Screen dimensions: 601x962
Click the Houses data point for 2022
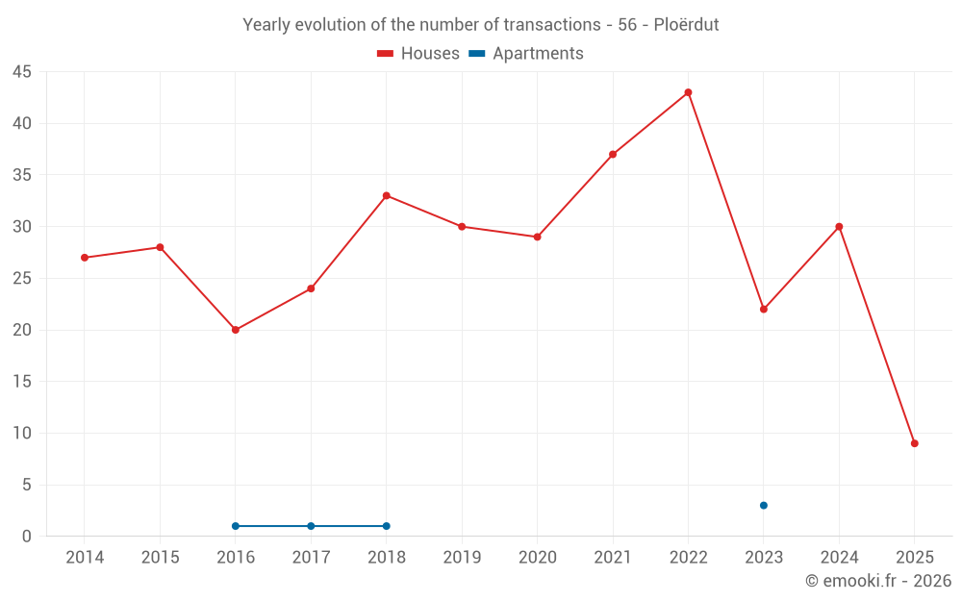[688, 92]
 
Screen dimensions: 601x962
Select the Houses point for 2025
[915, 443]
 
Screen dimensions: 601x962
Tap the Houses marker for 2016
[236, 330]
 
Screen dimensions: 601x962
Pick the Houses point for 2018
[387, 195]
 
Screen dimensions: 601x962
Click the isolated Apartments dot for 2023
[764, 505]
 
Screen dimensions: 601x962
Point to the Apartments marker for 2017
[311, 526]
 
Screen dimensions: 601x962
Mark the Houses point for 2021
[613, 154]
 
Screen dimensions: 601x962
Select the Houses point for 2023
[764, 309]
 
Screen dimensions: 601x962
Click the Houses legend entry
[418, 54]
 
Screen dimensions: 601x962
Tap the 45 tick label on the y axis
[22, 72]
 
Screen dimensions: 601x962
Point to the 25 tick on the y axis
[22, 279]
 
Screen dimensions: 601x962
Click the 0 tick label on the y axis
[27, 537]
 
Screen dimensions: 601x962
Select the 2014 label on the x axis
[85, 558]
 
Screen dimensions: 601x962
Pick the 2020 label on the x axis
[538, 558]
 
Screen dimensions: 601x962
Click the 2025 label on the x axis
[915, 558]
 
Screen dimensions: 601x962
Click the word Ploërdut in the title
[686, 25]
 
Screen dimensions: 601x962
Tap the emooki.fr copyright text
[878, 581]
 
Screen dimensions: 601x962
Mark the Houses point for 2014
[85, 258]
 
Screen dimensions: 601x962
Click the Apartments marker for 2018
[387, 526]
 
